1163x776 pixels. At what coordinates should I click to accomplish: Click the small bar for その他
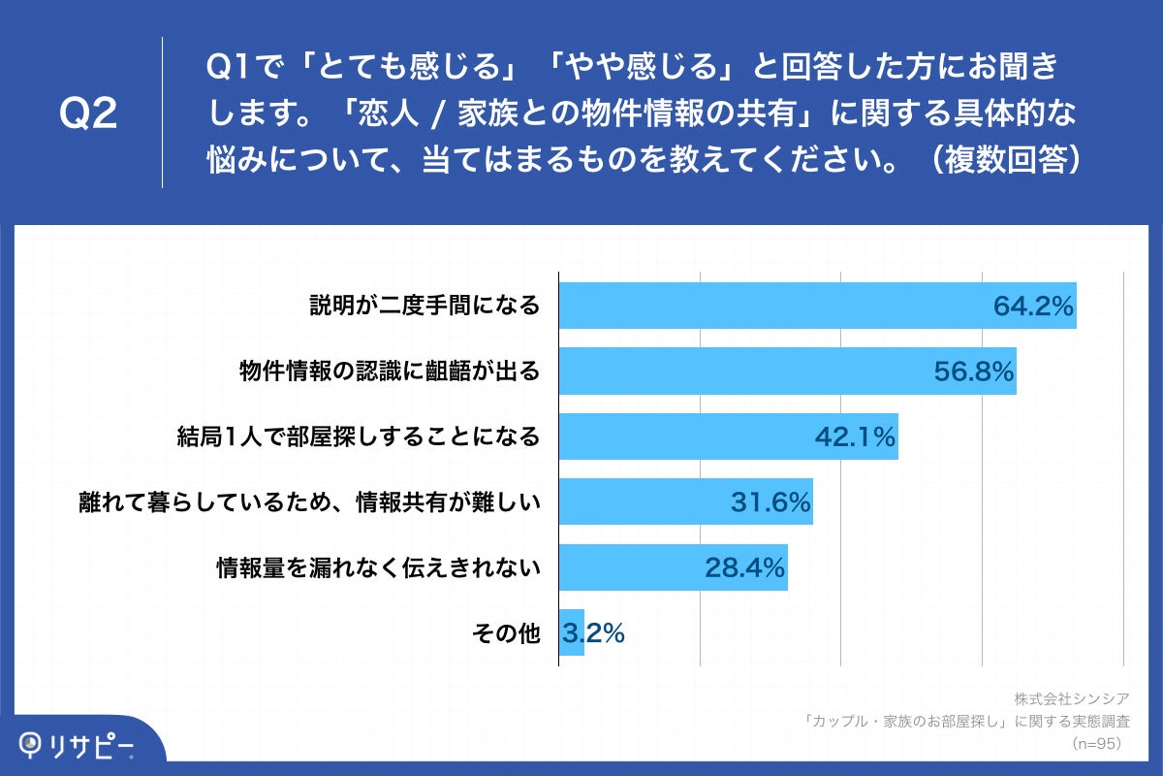tap(572, 633)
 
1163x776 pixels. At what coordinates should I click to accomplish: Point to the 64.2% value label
tap(1033, 307)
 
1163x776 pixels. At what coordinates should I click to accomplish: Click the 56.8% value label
tap(974, 372)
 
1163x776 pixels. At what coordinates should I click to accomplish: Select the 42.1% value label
tap(855, 437)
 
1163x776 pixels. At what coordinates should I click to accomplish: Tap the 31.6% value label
tap(770, 502)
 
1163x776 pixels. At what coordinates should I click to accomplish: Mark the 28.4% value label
tap(744, 568)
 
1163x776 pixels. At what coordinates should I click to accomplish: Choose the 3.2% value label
tap(593, 633)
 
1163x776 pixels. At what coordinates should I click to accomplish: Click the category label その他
tap(505, 633)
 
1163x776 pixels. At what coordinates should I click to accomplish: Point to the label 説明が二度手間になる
tap(424, 307)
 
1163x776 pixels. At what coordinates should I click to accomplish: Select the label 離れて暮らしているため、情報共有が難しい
tap(309, 502)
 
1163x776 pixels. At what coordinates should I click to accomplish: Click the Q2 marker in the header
tap(88, 113)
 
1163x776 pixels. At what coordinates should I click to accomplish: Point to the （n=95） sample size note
tap(1096, 743)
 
